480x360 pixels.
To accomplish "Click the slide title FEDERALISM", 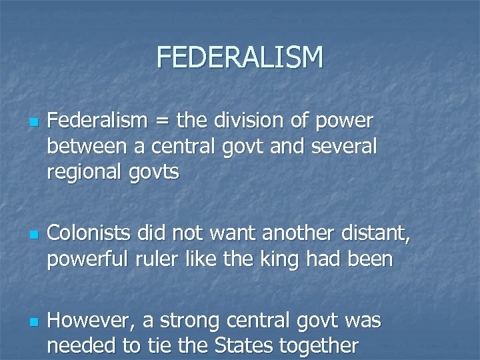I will point(240,57).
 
